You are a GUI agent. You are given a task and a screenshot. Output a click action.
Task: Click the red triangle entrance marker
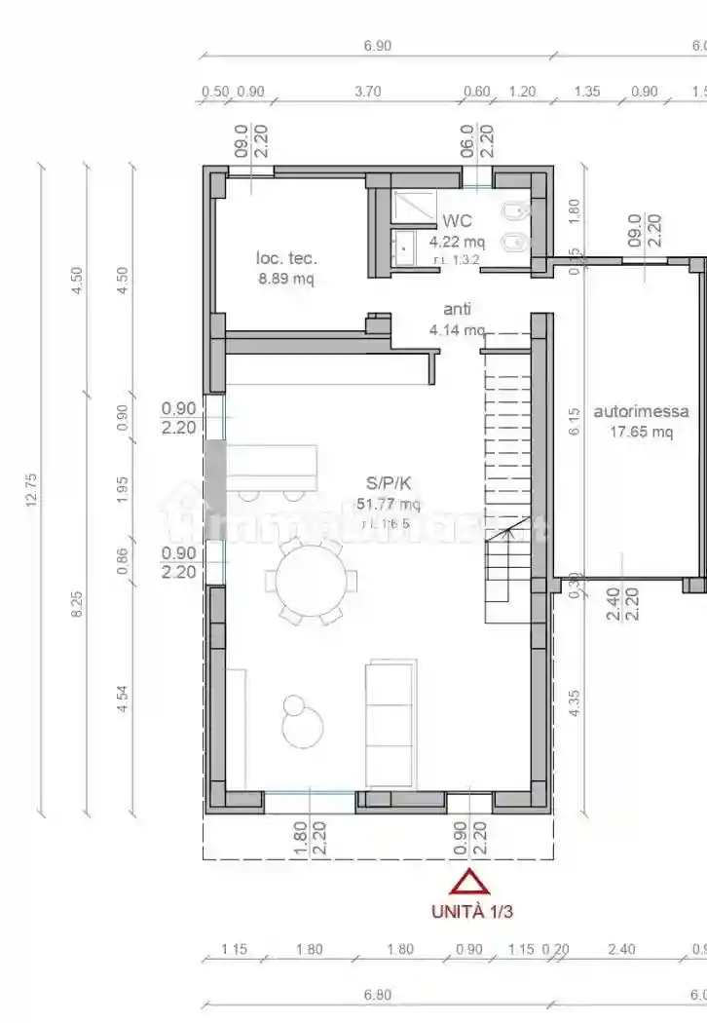coord(469,883)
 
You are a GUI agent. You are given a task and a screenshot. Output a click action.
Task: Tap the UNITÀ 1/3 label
coord(471,912)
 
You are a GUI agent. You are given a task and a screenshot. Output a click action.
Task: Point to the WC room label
coord(457,222)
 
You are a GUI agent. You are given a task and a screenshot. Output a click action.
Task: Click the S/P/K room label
coord(388,482)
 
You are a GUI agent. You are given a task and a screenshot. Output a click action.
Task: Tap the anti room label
coord(457,309)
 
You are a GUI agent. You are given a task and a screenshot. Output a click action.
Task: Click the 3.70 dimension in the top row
coord(367,92)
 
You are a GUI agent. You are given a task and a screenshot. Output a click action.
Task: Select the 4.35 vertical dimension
coord(575,703)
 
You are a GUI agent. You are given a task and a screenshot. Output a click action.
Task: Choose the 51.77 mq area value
coord(388,504)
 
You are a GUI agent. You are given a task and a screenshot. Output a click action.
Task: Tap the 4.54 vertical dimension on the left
coord(123,702)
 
